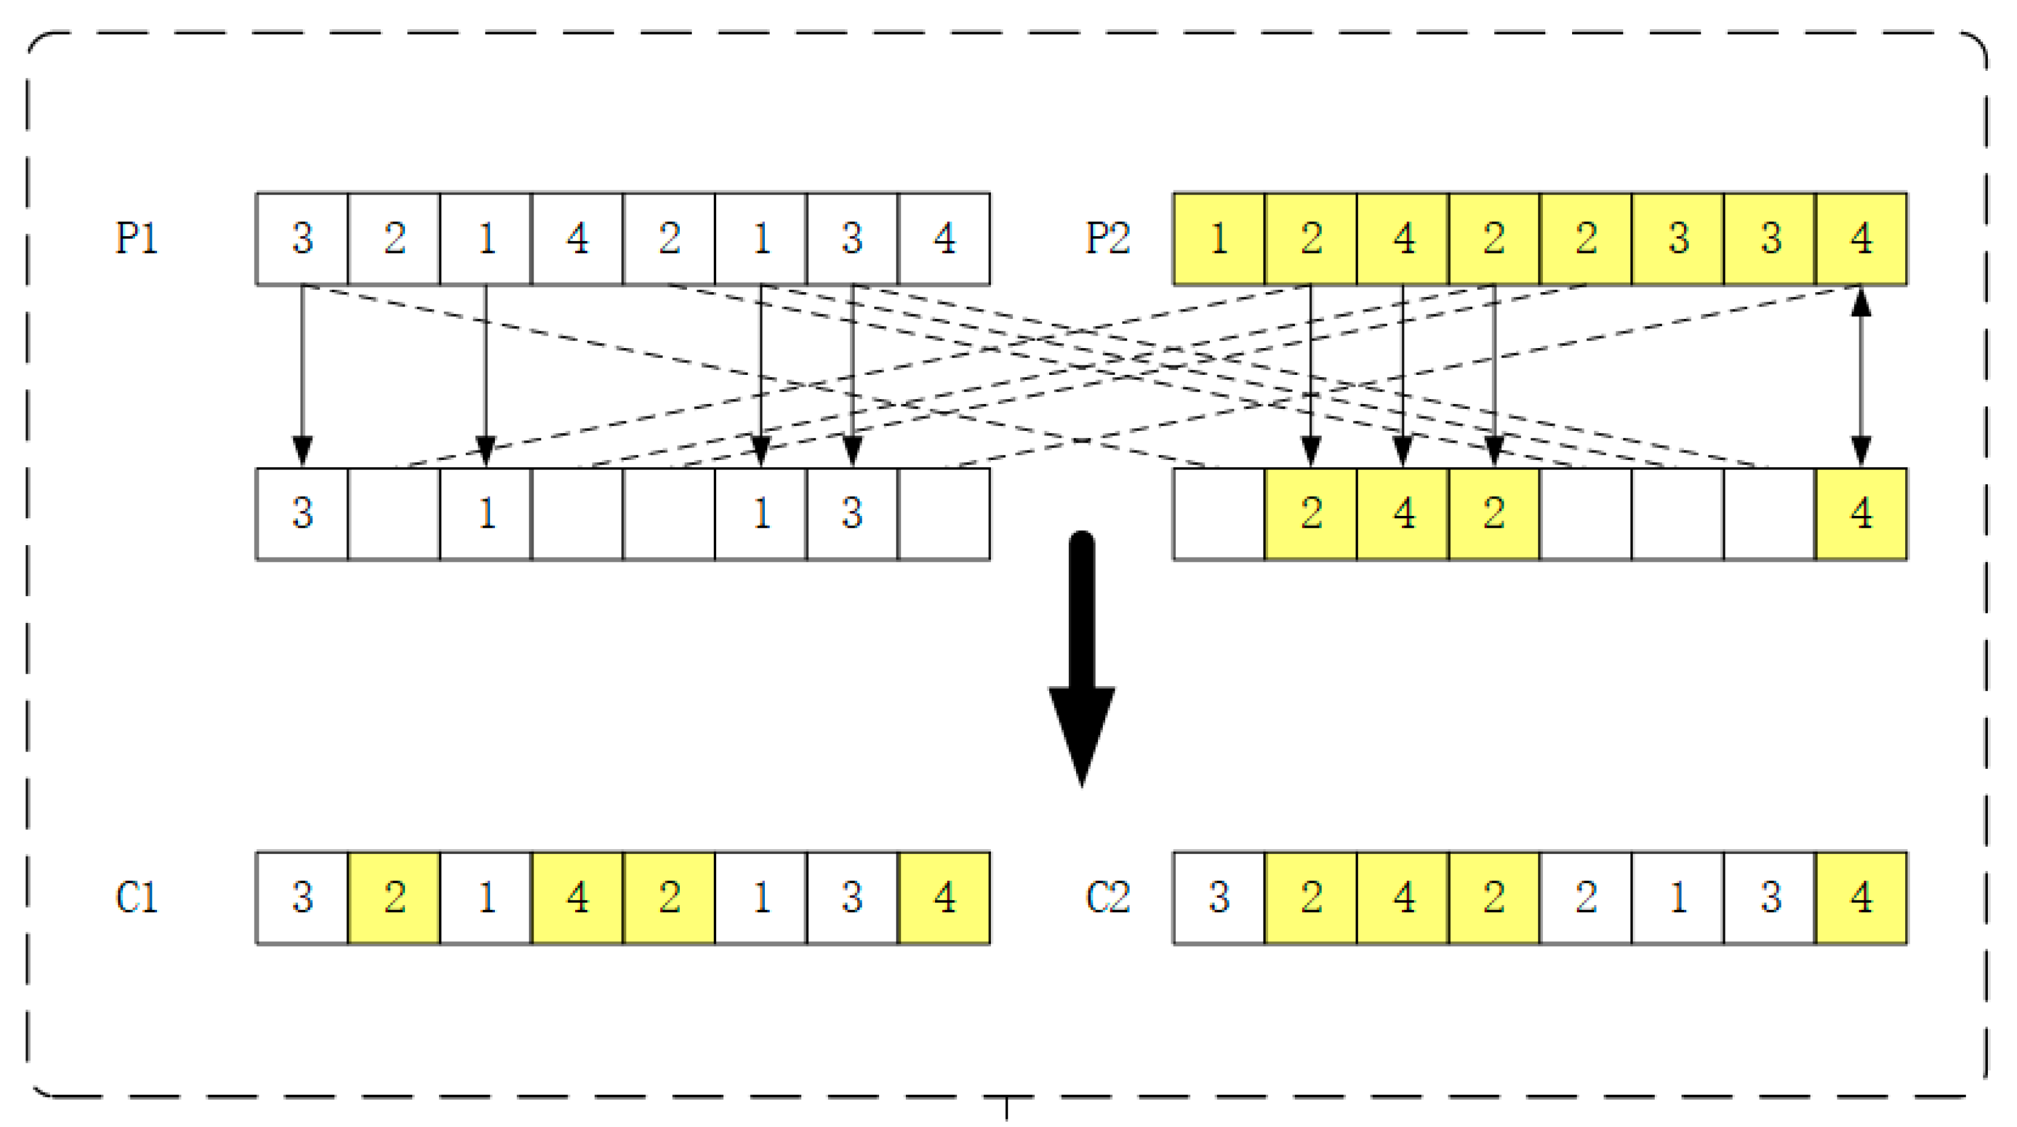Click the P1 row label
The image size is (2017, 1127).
click(136, 238)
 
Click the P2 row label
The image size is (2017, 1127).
click(1107, 238)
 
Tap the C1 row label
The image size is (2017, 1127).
click(136, 897)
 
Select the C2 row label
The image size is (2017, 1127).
click(1107, 897)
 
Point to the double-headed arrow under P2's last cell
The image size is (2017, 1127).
click(1861, 376)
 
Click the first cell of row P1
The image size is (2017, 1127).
click(302, 238)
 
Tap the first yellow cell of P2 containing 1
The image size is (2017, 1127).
click(1218, 238)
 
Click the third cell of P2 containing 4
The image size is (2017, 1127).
click(1403, 238)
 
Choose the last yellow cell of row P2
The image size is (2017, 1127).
click(1861, 238)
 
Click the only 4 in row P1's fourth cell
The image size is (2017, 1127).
click(577, 238)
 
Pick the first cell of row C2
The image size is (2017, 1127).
click(1218, 897)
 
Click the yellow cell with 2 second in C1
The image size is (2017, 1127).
click(394, 897)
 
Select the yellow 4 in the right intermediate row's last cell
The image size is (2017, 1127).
click(1861, 514)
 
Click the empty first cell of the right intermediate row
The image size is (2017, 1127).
click(1218, 514)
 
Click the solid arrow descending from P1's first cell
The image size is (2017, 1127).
click(302, 376)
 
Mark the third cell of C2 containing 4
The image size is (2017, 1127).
click(1403, 897)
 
